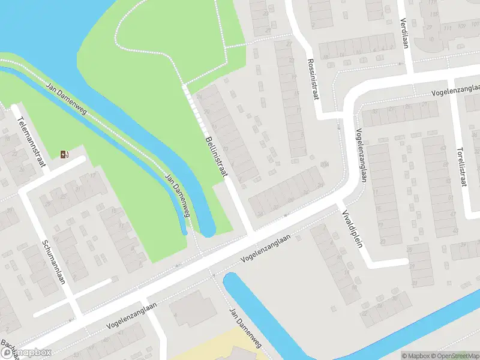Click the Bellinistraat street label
(216, 156)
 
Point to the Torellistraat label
(461, 167)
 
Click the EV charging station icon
(64, 155)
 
